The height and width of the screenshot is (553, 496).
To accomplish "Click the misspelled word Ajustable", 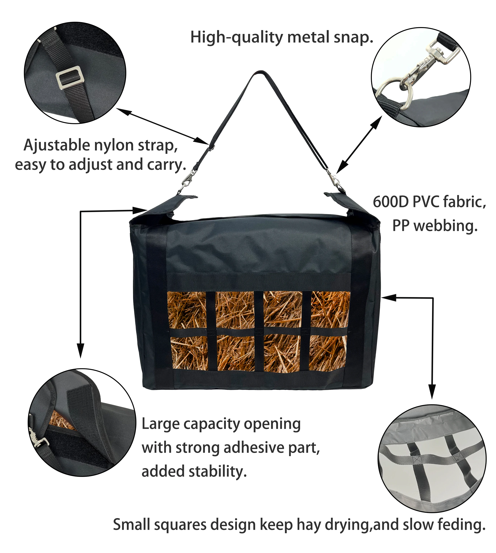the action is point(56,145).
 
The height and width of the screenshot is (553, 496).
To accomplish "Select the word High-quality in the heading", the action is point(237,38).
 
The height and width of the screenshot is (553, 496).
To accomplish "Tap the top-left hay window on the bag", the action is point(187,310).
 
